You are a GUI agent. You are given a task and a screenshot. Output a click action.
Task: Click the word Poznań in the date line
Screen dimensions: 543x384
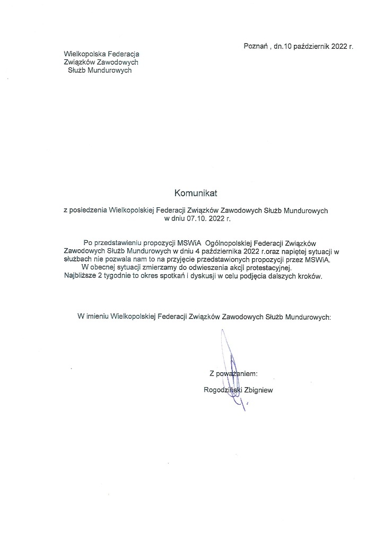click(x=255, y=46)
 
